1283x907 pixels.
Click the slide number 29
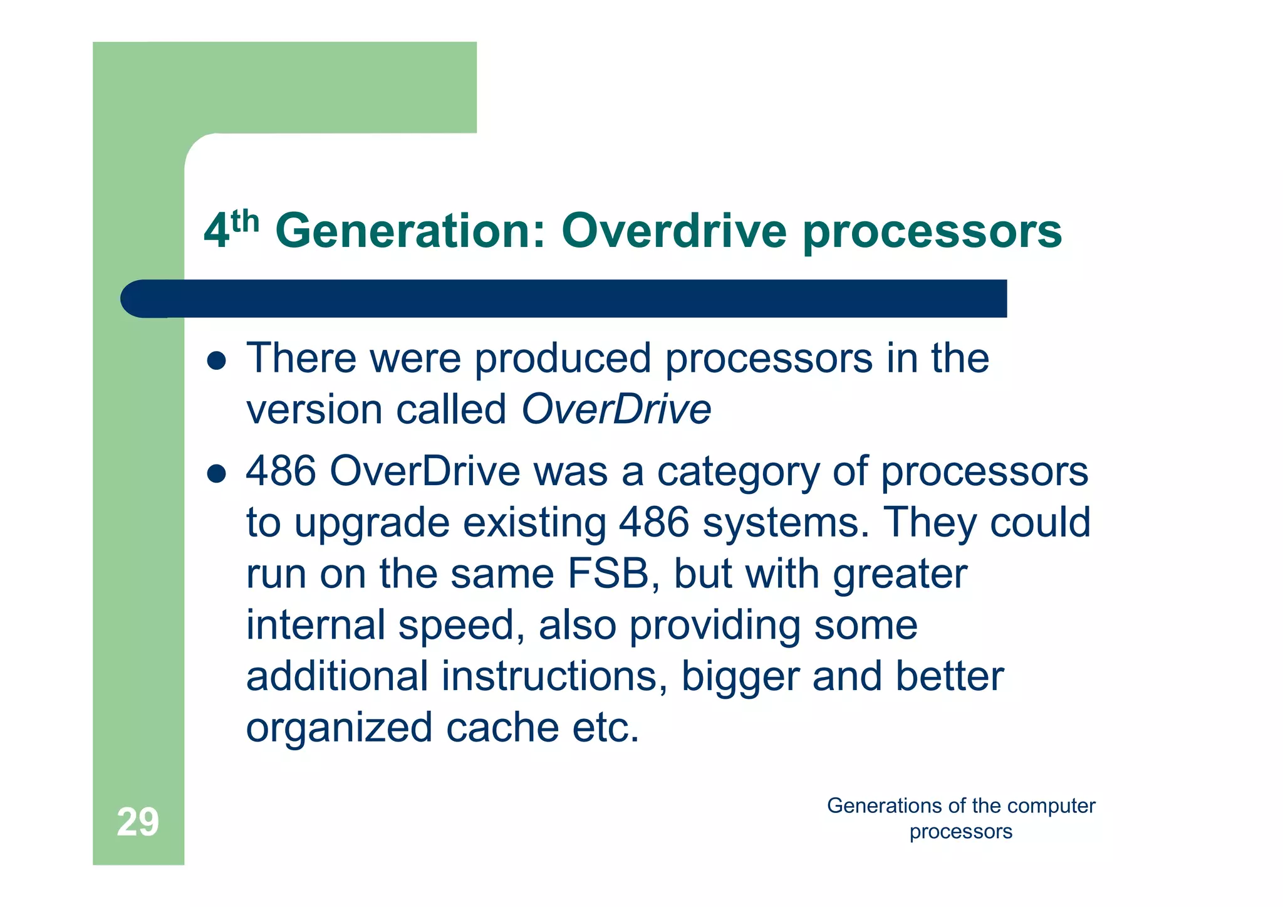[138, 822]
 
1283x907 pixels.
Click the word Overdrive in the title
[673, 231]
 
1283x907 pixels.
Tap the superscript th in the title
[245, 221]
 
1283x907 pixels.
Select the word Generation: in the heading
[410, 231]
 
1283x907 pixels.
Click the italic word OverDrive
[616, 409]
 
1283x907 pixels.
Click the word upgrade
[372, 523]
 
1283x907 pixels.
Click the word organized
[339, 728]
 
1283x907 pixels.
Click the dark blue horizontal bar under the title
[564, 298]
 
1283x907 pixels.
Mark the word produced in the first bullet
[563, 358]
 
